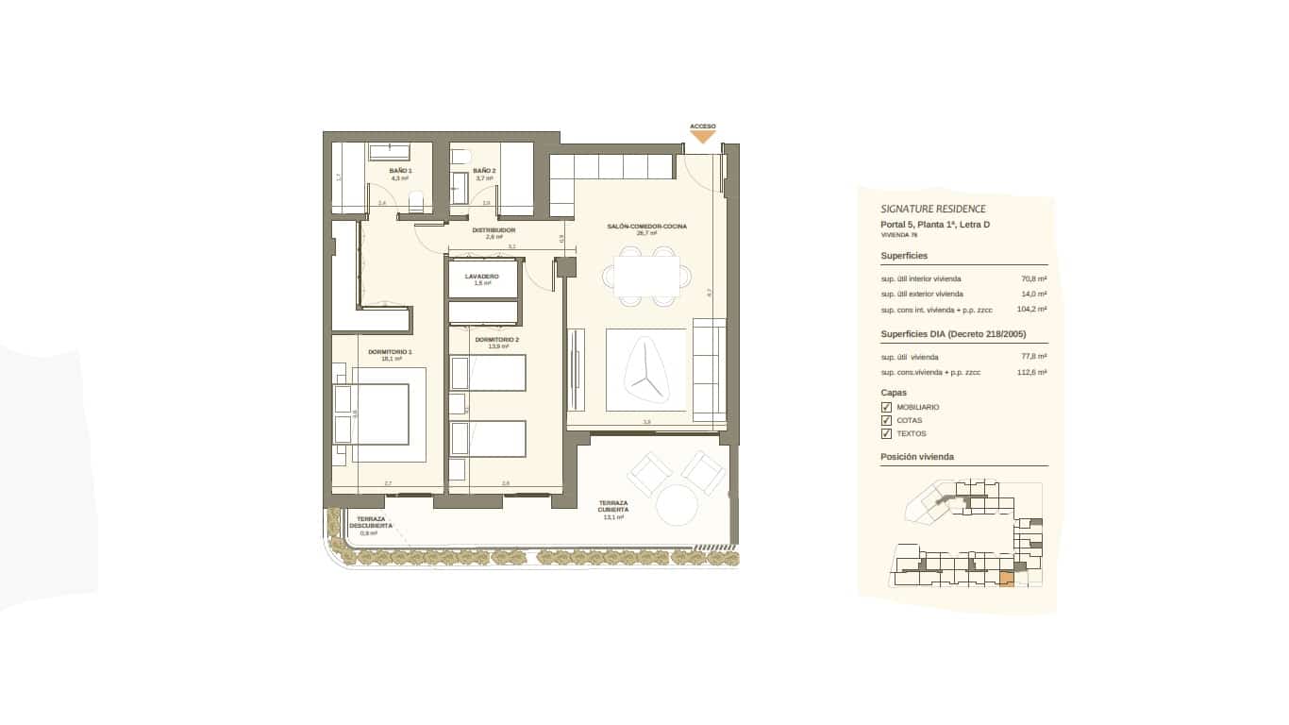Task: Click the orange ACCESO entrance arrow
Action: pos(702,137)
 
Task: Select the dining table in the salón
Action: pos(646,277)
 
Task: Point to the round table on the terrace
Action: pos(677,505)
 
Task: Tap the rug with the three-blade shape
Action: pos(646,370)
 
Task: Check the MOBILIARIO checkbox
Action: pos(886,407)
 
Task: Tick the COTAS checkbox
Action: pos(886,420)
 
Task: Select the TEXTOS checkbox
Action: pos(886,433)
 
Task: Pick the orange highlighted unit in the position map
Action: pos(1006,579)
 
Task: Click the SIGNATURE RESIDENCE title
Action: pos(932,209)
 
